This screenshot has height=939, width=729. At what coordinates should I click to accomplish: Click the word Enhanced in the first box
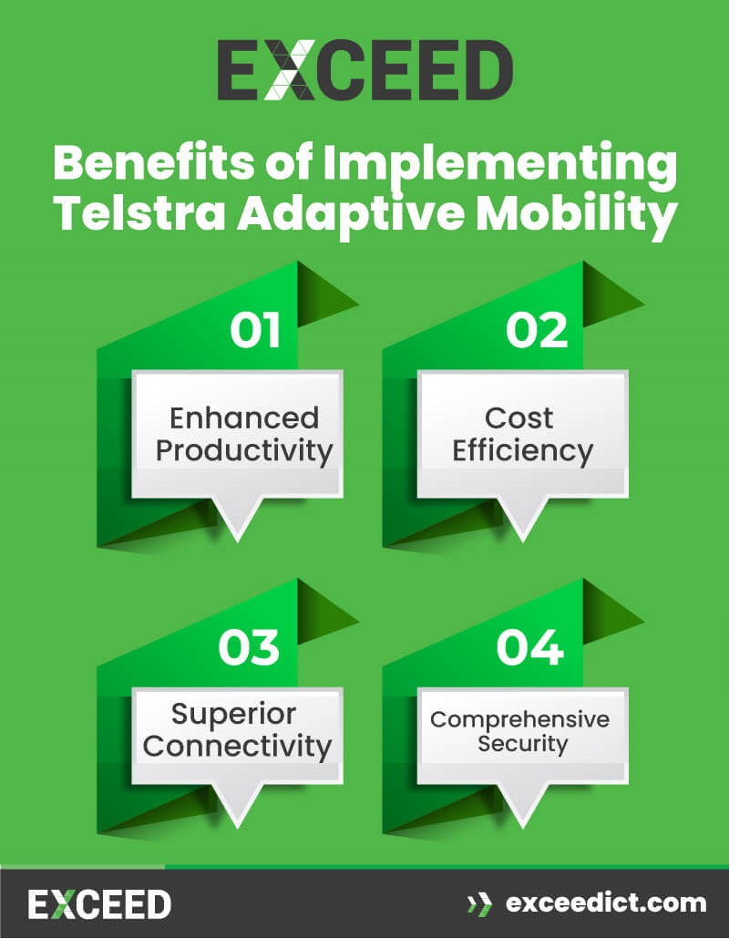[244, 418]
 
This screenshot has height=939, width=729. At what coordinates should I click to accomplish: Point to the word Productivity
[243, 451]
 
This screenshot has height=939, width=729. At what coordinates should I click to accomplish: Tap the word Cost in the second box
[519, 418]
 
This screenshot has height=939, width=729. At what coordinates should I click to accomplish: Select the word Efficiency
[522, 451]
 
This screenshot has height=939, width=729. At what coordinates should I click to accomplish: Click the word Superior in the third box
[234, 713]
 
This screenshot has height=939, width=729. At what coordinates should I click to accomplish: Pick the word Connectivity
[237, 746]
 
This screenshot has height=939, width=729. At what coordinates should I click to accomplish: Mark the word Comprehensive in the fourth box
[519, 719]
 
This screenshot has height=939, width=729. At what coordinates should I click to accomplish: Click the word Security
[522, 744]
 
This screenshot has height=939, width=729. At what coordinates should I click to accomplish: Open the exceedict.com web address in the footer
[606, 903]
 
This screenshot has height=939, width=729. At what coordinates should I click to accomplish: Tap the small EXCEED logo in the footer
[99, 903]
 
